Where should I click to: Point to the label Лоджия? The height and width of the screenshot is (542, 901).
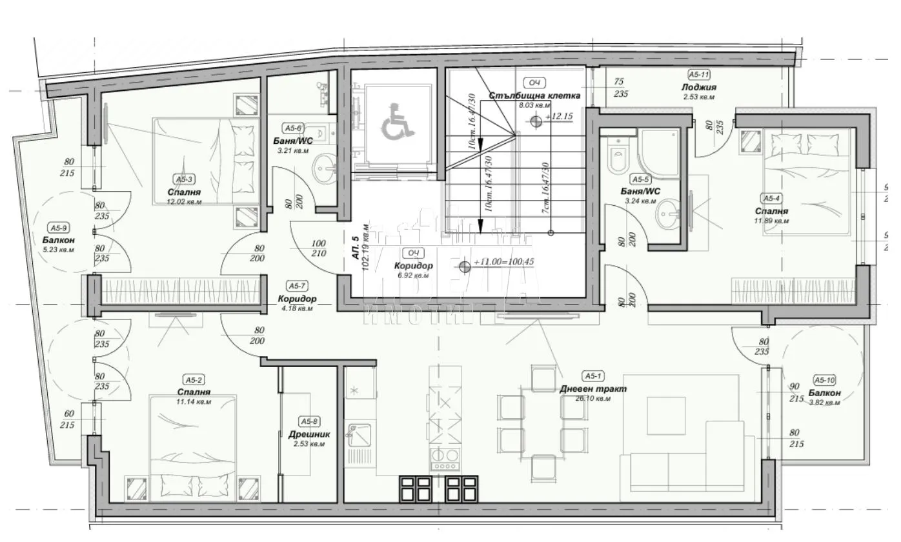[698, 87]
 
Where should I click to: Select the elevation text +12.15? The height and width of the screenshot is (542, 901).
[559, 117]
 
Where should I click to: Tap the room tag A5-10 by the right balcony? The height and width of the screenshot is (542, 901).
[824, 380]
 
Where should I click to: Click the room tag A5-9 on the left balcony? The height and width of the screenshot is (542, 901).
[59, 227]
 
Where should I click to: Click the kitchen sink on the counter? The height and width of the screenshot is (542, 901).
[359, 434]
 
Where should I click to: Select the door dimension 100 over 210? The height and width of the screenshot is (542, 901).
[318, 248]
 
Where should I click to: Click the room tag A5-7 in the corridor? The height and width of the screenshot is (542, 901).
[297, 285]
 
